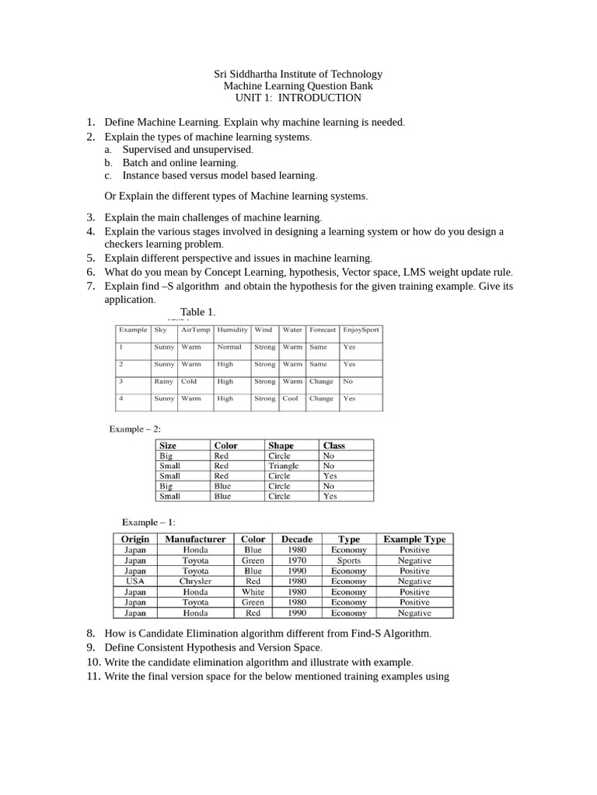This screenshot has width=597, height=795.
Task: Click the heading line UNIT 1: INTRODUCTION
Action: point(298,98)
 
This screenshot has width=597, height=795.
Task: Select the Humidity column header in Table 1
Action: point(232,329)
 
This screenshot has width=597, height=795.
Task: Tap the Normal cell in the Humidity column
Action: point(229,347)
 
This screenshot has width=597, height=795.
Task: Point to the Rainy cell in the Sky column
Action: point(164,381)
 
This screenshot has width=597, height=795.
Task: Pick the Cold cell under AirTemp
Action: point(189,381)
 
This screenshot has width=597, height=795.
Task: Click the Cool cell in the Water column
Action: point(290,398)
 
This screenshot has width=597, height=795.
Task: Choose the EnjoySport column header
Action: point(361,329)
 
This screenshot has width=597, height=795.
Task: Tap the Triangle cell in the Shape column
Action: point(283,466)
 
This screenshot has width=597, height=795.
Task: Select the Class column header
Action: point(334,446)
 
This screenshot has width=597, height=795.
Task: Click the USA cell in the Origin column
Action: point(135,581)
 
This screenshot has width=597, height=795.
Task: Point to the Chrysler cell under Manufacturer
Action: point(195,581)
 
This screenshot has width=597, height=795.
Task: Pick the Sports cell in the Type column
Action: point(349,560)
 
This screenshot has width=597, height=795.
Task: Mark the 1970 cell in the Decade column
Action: point(296,560)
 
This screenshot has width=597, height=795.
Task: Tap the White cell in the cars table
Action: point(253,592)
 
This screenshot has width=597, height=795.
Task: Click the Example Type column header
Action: point(414,539)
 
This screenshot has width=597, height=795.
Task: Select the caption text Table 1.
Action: point(197,312)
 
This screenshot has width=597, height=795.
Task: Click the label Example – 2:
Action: point(135,429)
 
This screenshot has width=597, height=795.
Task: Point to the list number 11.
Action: point(91,676)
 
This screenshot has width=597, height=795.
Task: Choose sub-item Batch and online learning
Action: point(180,163)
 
